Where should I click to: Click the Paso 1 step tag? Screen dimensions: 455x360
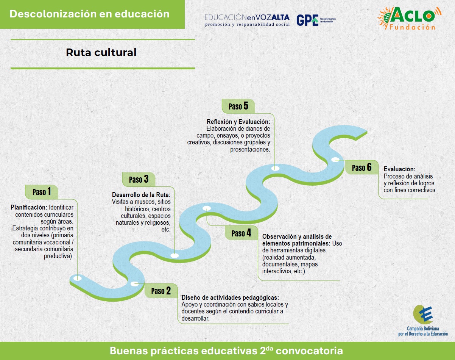[x=42, y=192]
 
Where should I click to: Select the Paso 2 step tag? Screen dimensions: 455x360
[x=161, y=291]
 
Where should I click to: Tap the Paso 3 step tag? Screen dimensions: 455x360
[x=139, y=180]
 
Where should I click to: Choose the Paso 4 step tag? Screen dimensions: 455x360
[x=242, y=233]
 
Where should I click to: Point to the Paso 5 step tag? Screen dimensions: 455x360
[x=238, y=106]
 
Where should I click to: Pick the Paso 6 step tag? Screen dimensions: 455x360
[x=362, y=167]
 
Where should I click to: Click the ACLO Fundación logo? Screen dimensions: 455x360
[x=409, y=18]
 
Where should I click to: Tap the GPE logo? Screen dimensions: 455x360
[x=316, y=20]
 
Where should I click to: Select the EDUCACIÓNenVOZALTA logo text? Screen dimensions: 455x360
[x=247, y=20]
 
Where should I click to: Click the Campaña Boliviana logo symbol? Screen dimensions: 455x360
[x=423, y=315]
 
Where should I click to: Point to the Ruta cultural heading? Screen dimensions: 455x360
[x=101, y=53]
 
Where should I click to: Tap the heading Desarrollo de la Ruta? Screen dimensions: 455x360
[x=141, y=195]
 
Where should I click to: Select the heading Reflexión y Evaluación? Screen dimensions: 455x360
[x=238, y=122]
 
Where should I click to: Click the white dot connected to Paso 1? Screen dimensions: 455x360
[x=77, y=278]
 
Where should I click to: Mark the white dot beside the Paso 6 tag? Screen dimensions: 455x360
[x=335, y=160]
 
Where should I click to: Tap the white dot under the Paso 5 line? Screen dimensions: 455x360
[x=275, y=168]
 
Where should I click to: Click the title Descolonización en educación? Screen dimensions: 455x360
[x=89, y=14]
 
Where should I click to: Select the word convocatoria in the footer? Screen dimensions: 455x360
[x=309, y=351]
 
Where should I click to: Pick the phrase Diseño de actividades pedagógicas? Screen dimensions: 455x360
[x=230, y=297]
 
